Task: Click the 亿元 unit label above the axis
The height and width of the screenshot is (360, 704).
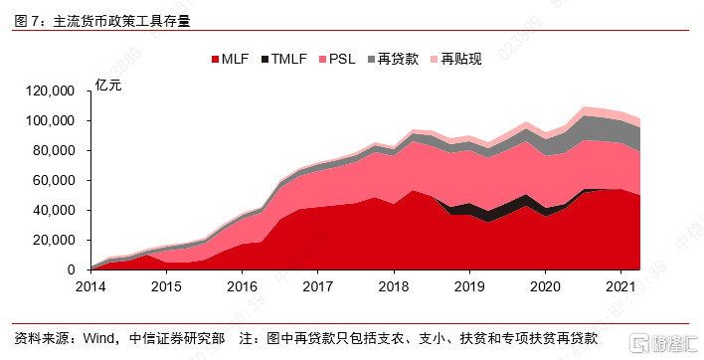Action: point(108,84)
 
